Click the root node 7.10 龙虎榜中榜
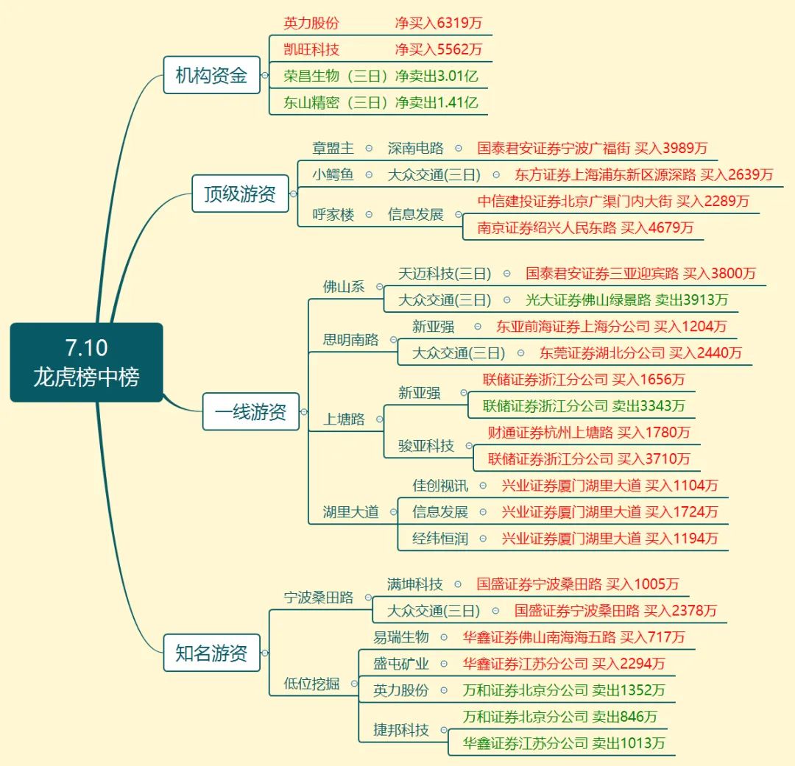[x=86, y=363]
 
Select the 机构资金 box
[x=211, y=75]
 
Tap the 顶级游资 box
[x=240, y=194]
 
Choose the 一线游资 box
[x=250, y=411]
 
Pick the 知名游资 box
[x=211, y=653]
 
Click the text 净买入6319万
[x=439, y=23]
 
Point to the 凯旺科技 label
[x=311, y=49]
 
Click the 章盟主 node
[x=333, y=148]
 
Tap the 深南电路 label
[x=416, y=148]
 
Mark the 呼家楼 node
[x=333, y=214]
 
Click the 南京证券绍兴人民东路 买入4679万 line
[x=585, y=227]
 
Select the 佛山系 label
[x=344, y=286]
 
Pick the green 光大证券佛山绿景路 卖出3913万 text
[x=626, y=300]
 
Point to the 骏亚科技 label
[x=426, y=446]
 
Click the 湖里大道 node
[x=351, y=511]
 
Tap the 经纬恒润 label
[x=440, y=539]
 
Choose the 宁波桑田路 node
[x=319, y=597]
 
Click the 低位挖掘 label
[x=311, y=684]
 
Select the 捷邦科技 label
[x=401, y=730]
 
